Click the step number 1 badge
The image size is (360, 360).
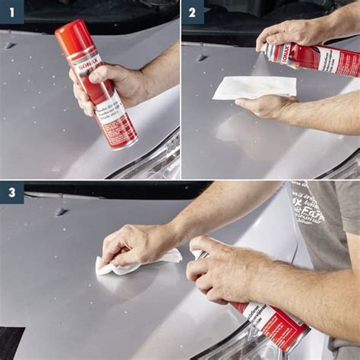pos(11,11)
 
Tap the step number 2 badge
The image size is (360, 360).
pos(193,11)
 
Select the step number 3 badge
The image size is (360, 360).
pos(11,193)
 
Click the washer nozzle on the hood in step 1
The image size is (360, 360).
pos(9,46)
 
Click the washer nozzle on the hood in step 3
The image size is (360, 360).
pos(61,211)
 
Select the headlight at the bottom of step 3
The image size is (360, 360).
pos(235,346)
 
